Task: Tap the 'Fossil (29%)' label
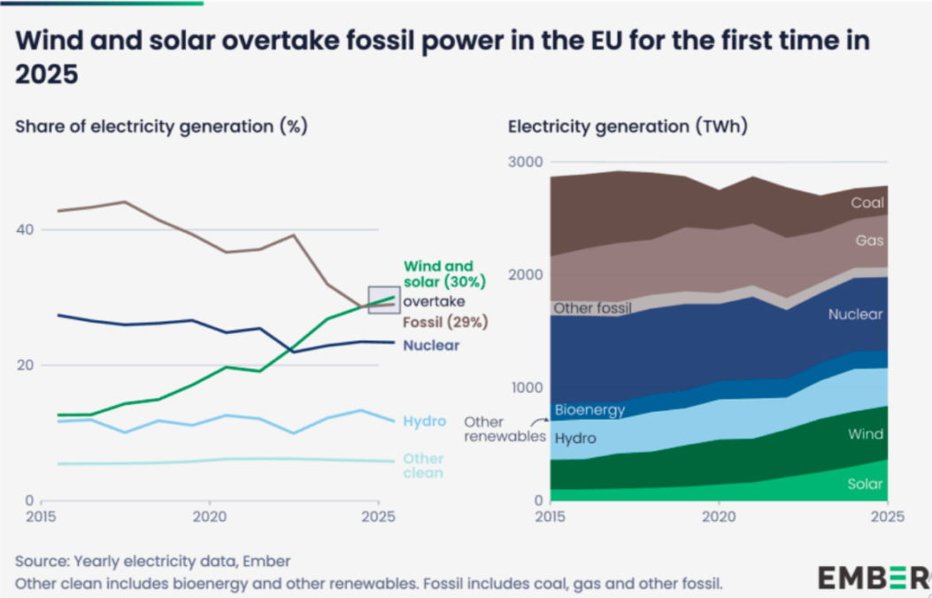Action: [445, 322]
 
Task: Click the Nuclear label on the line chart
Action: [431, 346]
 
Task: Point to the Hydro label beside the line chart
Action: [425, 422]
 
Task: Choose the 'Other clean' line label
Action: [423, 466]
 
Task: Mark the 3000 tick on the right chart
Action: [526, 162]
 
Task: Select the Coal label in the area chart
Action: [867, 203]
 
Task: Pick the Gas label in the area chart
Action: [870, 240]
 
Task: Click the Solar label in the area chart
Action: [865, 484]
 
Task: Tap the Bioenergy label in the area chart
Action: [589, 410]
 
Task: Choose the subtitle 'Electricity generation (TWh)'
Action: [628, 126]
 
